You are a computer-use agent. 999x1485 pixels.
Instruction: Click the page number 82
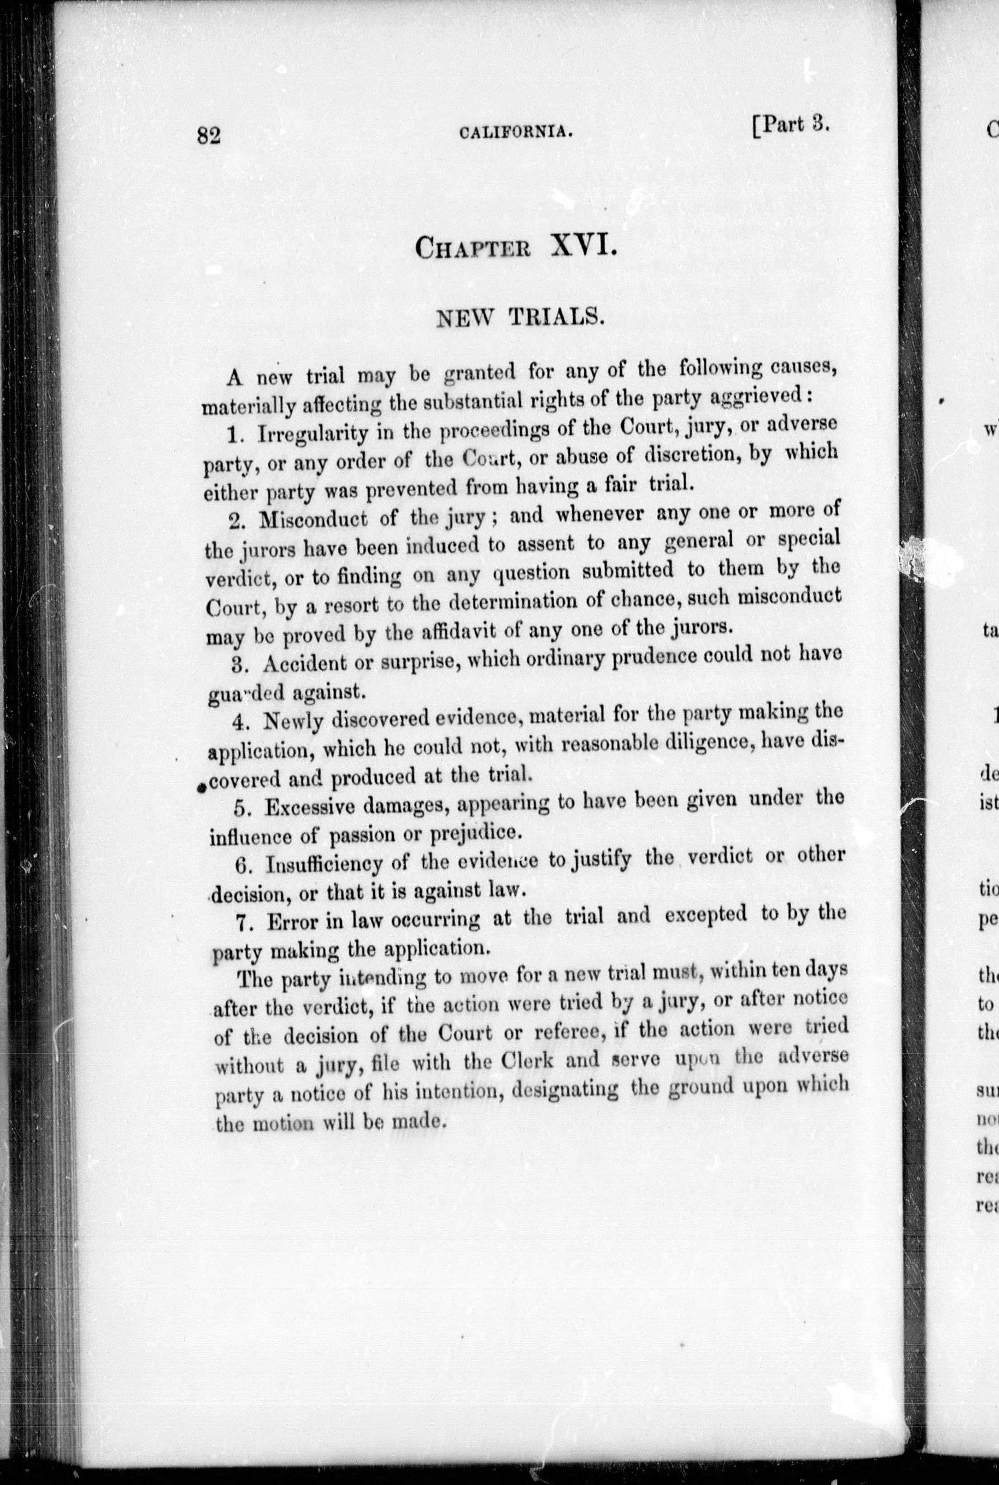tap(208, 136)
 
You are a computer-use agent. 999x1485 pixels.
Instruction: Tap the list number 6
tap(241, 866)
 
